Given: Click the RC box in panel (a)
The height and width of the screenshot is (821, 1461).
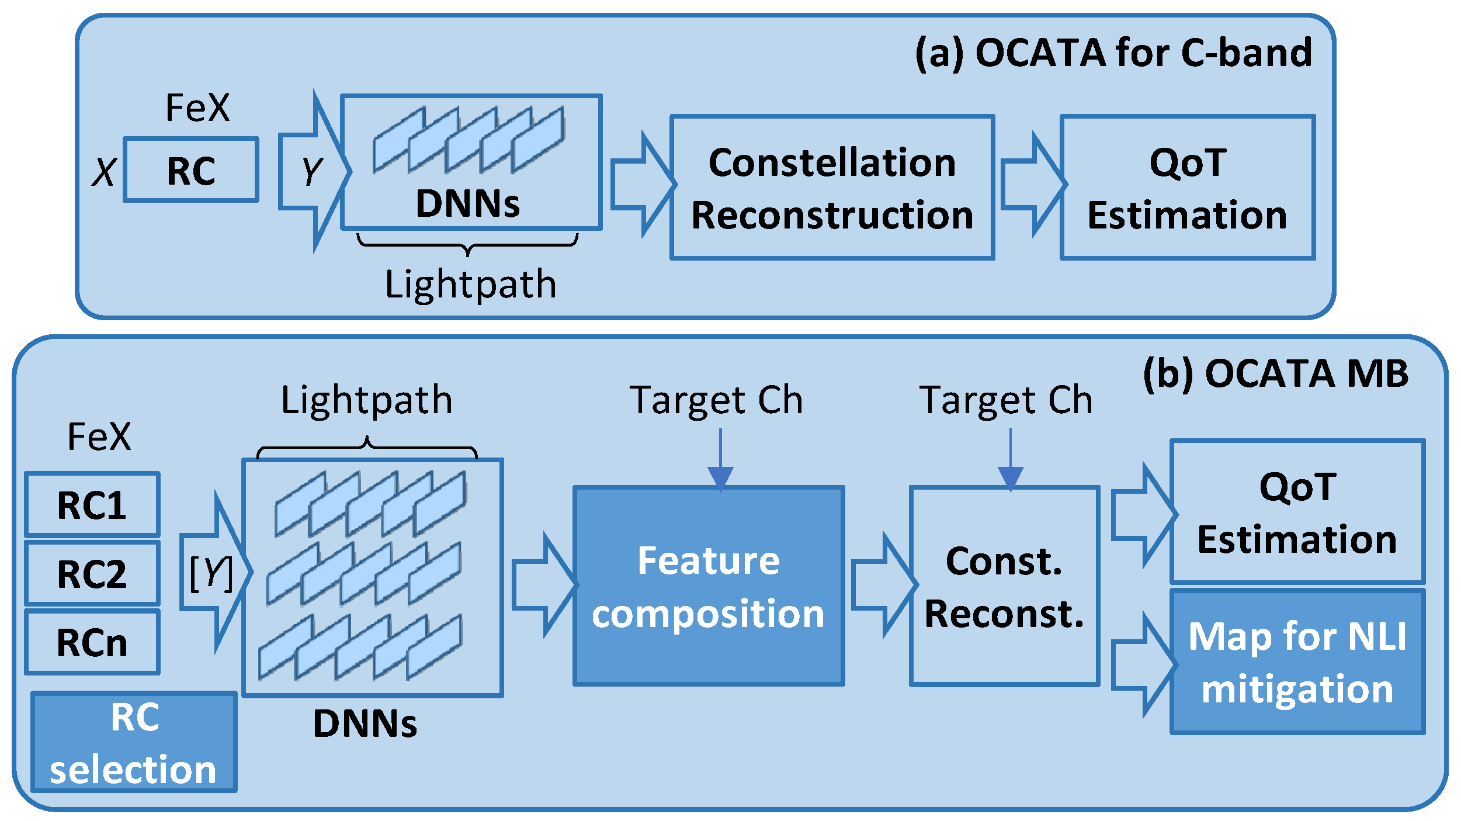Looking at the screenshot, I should [191, 170].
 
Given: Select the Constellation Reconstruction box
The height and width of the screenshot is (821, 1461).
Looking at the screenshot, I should [832, 187].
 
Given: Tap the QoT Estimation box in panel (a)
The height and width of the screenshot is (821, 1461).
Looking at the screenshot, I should [1187, 187].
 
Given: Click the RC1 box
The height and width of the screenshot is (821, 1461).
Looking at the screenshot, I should [92, 505].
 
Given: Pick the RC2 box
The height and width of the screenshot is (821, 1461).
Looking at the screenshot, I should [92, 573].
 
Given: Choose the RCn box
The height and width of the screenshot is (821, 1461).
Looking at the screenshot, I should [92, 642].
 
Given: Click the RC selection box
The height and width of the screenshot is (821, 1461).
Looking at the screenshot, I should [134, 742].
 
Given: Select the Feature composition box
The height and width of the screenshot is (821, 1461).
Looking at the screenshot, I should [708, 586].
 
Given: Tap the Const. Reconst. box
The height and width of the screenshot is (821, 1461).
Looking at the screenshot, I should [1004, 586].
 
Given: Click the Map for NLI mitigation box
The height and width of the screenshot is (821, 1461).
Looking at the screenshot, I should [1297, 661].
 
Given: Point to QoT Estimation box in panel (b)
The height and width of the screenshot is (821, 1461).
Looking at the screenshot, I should [1297, 512].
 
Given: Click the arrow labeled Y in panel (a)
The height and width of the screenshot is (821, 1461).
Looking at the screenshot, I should [313, 171].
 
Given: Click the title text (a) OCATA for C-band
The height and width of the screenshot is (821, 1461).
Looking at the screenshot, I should [1113, 53].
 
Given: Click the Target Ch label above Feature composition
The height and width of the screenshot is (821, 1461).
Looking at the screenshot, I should [716, 400].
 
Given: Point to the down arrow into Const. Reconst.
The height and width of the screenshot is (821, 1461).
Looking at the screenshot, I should [1010, 461].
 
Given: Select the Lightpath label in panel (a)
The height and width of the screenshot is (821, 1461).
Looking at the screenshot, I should [470, 285].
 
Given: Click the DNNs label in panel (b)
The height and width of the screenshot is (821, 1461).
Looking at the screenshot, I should [365, 723].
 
